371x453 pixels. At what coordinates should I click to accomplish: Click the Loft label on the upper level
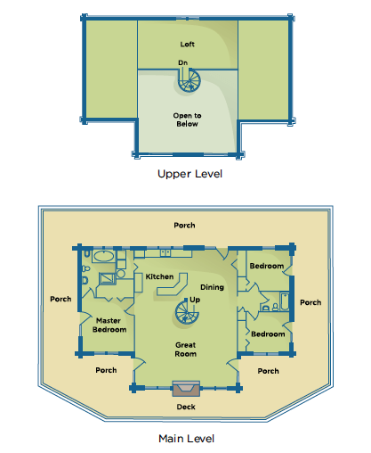pos(187,45)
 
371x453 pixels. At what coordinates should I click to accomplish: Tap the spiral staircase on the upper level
pos(190,80)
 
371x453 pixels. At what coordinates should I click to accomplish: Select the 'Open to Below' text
pos(187,119)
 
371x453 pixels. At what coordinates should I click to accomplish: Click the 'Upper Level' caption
pos(190,174)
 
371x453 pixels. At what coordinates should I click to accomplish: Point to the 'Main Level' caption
pos(186,439)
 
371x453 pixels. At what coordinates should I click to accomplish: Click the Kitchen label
pos(159,276)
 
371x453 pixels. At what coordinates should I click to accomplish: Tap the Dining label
pos(212,287)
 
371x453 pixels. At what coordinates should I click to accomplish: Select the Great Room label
pos(186,350)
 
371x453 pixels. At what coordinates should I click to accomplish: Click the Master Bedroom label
pos(109,325)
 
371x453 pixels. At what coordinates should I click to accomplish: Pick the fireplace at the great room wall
pos(186,388)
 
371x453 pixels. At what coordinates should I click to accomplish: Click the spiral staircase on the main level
pos(187,312)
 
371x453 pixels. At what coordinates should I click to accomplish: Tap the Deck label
pos(186,407)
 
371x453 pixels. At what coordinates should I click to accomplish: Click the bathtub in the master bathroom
pos(103,256)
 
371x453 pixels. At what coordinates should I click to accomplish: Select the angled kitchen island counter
pos(173,284)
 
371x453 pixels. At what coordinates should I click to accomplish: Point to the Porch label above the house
pos(184,226)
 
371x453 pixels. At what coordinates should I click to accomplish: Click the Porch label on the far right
pos(311,302)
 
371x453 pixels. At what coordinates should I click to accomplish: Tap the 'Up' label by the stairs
pos(195,300)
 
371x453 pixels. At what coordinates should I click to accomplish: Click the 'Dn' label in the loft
pos(182,62)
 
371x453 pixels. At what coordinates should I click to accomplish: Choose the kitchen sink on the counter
pos(165,252)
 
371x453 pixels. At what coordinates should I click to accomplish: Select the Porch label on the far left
pos(60,299)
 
